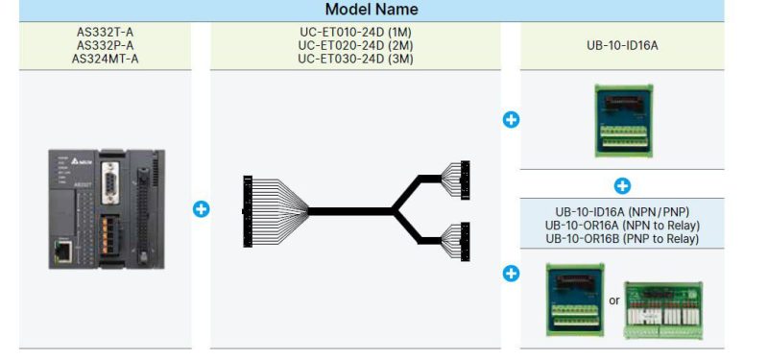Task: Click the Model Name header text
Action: pos(372,10)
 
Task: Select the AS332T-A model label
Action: pos(106,32)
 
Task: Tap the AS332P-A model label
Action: pos(106,44)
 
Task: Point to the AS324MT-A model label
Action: pos(106,57)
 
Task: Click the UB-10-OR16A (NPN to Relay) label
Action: pos(622,225)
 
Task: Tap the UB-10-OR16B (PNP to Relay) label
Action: pos(622,237)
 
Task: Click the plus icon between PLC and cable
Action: pos(201,208)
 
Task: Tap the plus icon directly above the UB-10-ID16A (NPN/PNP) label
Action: pos(622,185)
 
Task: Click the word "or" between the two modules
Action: pos(613,300)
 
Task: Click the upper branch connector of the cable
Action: pos(466,177)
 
